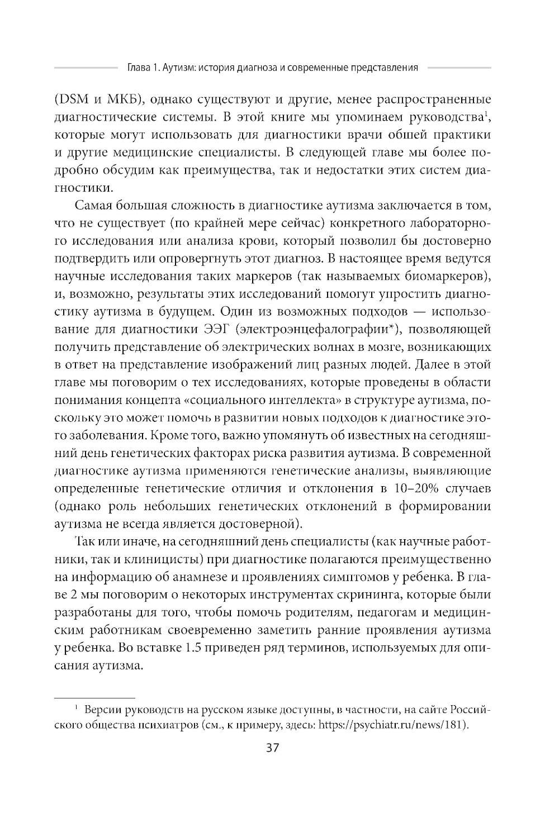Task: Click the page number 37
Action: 273,748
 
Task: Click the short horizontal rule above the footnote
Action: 94,698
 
